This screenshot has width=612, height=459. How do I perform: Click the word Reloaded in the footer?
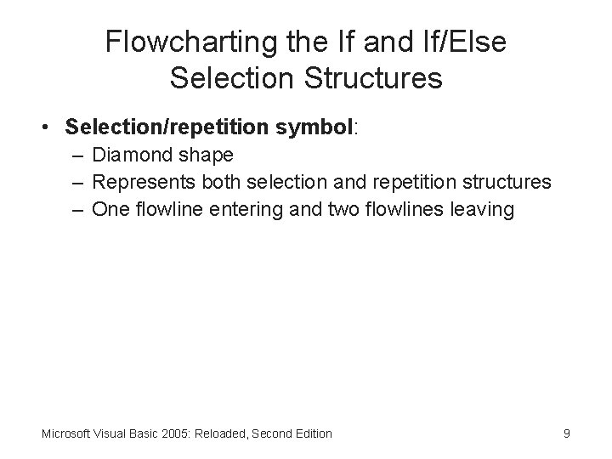coord(221,433)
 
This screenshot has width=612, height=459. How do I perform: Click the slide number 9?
coord(566,433)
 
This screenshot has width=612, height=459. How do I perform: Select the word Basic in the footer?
coord(144,433)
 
